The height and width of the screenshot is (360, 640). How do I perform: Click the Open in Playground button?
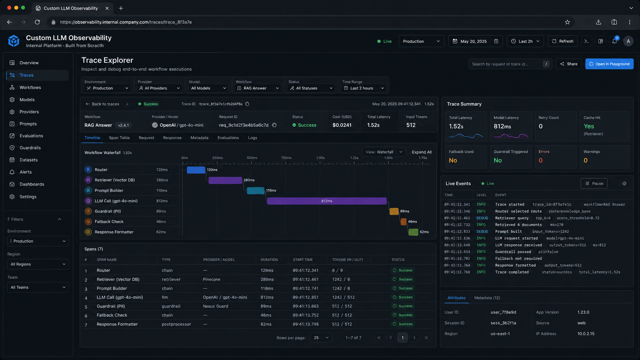pyautogui.click(x=609, y=64)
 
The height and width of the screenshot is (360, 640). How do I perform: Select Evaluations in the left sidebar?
pyautogui.click(x=31, y=136)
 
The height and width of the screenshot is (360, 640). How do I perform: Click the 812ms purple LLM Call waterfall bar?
pyautogui.click(x=327, y=201)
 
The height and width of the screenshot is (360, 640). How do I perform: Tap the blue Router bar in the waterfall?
pyautogui.click(x=196, y=170)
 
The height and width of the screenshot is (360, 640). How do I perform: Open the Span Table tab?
pyautogui.click(x=119, y=138)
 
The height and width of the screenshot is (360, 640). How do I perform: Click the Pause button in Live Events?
pyautogui.click(x=594, y=184)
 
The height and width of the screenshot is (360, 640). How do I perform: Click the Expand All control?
pyautogui.click(x=421, y=152)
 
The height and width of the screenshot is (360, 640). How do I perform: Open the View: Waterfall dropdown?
pyautogui.click(x=384, y=152)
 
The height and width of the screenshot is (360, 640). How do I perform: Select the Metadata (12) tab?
pyautogui.click(x=487, y=298)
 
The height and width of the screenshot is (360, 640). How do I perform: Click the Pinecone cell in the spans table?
pyautogui.click(x=212, y=279)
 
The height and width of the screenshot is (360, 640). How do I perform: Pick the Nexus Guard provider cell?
pyautogui.click(x=216, y=306)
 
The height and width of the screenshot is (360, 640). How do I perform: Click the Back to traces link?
pyautogui.click(x=102, y=104)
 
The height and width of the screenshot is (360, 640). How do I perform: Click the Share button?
pyautogui.click(x=568, y=64)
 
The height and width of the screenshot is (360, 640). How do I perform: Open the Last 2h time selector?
pyautogui.click(x=525, y=41)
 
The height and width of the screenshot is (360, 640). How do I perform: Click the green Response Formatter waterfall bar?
pyautogui.click(x=413, y=232)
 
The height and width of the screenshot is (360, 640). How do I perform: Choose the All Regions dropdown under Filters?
pyautogui.click(x=38, y=264)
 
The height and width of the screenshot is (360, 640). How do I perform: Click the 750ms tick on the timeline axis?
pyautogui.click(x=286, y=158)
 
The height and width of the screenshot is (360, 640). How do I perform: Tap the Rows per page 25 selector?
pyautogui.click(x=321, y=338)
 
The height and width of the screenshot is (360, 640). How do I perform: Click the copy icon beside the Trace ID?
pyautogui.click(x=247, y=104)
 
